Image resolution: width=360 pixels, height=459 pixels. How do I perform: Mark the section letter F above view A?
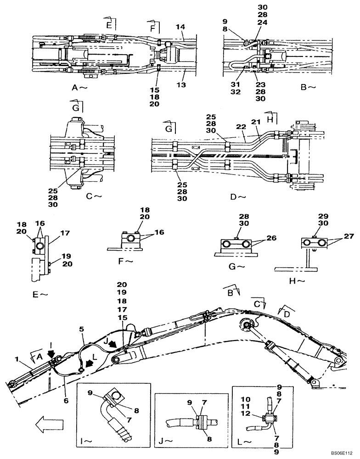pos(151,28)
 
